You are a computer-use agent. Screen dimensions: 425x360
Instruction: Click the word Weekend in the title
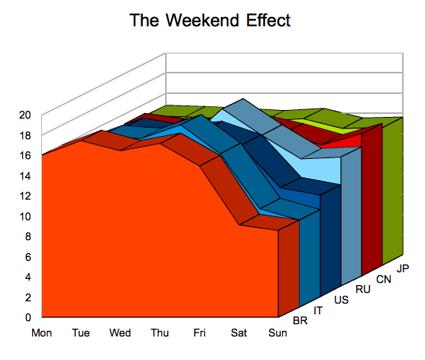(x=203, y=21)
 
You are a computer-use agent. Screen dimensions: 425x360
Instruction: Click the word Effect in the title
(x=268, y=21)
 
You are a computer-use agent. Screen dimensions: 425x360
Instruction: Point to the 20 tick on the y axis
(x=25, y=115)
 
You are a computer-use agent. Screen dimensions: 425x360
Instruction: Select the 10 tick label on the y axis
(x=25, y=216)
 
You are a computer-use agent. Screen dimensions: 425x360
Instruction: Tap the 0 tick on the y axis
(x=28, y=317)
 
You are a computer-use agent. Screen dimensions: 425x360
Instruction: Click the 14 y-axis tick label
(x=25, y=176)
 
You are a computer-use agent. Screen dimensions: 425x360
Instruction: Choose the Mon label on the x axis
(x=41, y=332)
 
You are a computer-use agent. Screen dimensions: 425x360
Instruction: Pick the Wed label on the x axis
(x=120, y=332)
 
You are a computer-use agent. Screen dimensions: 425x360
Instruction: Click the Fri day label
(x=200, y=332)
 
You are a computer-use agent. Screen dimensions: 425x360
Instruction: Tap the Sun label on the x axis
(x=277, y=332)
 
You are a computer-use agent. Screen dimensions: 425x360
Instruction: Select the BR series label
(x=300, y=321)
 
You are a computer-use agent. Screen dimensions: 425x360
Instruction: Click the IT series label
(x=318, y=310)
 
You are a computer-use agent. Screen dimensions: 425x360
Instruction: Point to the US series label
(x=341, y=300)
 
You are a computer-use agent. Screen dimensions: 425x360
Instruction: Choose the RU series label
(x=363, y=289)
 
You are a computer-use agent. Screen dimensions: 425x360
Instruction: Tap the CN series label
(x=384, y=279)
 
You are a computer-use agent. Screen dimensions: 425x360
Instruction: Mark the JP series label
(x=403, y=268)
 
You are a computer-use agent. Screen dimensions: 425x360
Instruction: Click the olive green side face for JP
(x=393, y=190)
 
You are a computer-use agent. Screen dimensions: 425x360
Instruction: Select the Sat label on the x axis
(x=238, y=332)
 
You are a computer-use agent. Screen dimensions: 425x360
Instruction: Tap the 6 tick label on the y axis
(x=28, y=257)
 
